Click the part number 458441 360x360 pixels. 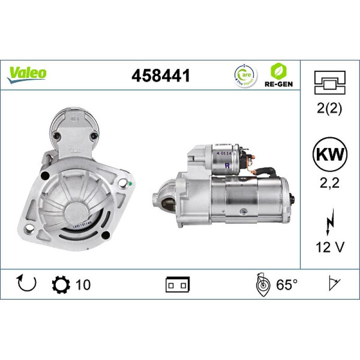point(161,76)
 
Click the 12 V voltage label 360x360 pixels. point(330,247)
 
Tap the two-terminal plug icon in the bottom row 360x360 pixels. point(178,284)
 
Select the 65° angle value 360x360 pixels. point(287,284)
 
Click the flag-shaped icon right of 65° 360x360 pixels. point(333,284)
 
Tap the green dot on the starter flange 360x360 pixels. point(130,183)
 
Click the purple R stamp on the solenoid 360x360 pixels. point(227,165)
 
